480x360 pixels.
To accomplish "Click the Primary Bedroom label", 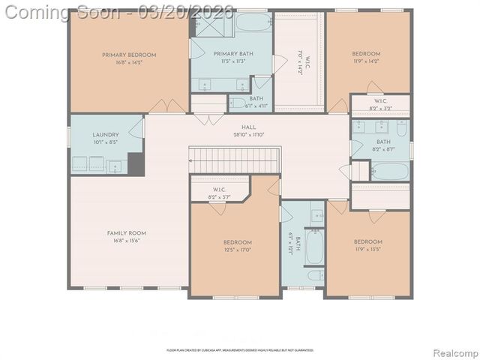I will [x=129, y=55].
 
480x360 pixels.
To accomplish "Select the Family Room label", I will [x=129, y=233].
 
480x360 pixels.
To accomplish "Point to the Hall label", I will [x=248, y=127].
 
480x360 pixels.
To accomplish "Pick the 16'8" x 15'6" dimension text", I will [x=129, y=241].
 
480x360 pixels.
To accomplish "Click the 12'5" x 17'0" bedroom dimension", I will [x=237, y=250].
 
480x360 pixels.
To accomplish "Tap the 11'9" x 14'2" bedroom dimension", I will [x=367, y=61].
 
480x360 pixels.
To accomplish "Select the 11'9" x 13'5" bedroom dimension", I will [x=367, y=249].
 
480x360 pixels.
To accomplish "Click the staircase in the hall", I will [x=233, y=159].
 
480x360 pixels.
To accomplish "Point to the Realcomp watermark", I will [x=456, y=352].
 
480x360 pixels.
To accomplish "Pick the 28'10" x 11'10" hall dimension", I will [x=248, y=135].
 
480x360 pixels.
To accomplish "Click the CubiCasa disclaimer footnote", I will [x=240, y=350].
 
